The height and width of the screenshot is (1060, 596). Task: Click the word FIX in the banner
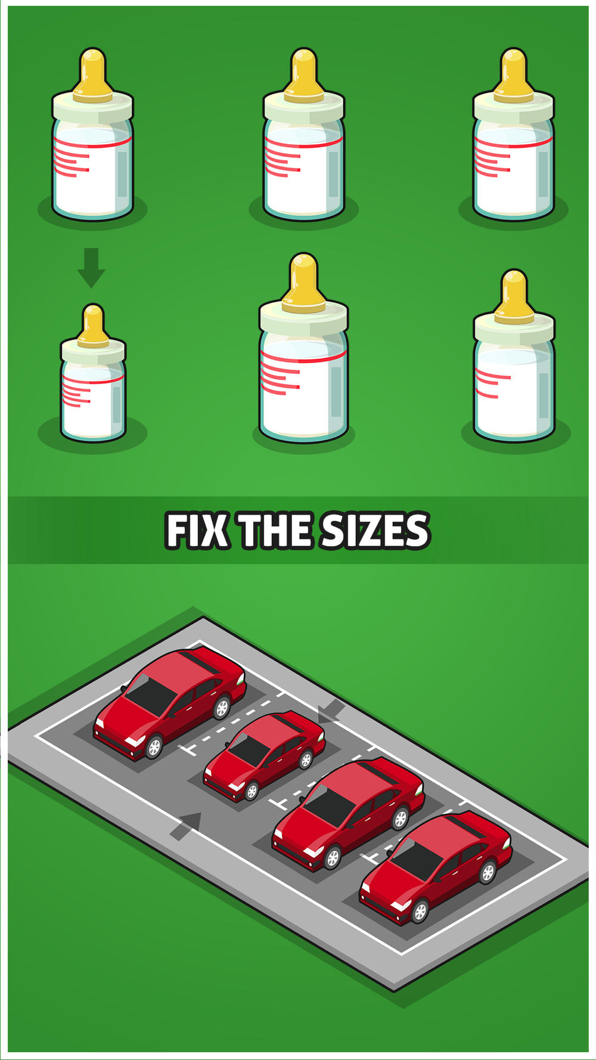197,530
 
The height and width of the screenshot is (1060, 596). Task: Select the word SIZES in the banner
375,530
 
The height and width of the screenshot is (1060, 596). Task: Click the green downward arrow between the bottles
91,268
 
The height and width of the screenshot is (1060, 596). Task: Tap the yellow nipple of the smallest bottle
93,326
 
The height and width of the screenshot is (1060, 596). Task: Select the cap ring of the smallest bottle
93,351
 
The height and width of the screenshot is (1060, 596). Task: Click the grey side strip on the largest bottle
336,392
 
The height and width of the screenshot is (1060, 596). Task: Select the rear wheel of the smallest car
306,759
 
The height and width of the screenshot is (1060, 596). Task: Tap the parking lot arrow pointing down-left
331,711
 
